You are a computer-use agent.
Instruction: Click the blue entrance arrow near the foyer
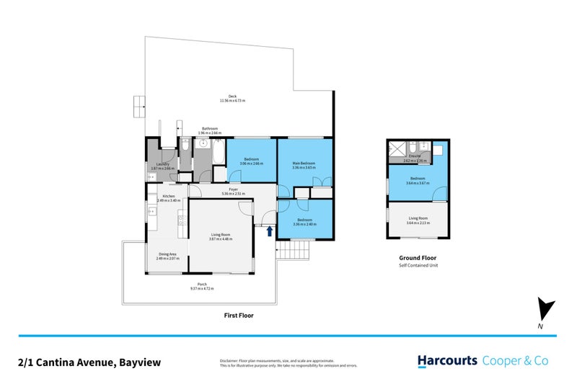point(270,231)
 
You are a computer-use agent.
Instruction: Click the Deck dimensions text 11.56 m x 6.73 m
point(232,101)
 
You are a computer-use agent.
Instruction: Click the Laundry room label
point(163,164)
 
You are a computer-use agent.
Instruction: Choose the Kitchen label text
point(169,196)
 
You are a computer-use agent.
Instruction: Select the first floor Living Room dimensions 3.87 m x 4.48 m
point(221,239)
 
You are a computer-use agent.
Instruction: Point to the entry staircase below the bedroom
point(294,251)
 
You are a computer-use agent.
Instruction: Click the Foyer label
point(235,189)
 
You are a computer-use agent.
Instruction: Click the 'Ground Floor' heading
point(418,258)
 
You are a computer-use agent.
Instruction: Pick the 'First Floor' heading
point(239,316)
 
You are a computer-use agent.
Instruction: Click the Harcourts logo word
point(447,360)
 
